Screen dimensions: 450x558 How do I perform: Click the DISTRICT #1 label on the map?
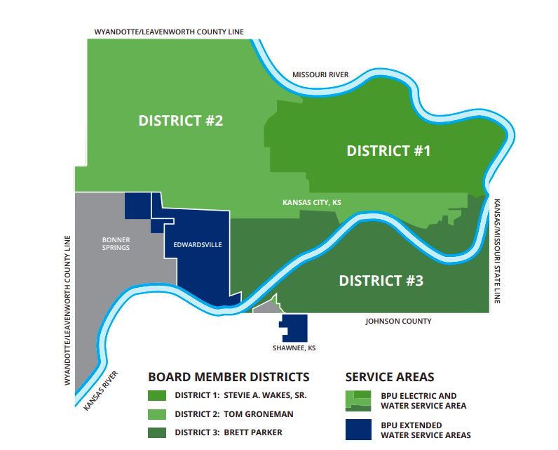388,150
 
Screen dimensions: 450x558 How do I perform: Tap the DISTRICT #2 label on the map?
180,120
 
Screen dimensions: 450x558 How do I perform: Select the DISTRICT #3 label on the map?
381,281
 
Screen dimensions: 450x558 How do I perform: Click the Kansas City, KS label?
311,202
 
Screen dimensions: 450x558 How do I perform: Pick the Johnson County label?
398,322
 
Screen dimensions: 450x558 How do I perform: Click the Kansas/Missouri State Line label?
498,250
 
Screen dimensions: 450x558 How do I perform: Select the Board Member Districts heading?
229,377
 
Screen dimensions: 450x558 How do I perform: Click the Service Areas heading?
390,377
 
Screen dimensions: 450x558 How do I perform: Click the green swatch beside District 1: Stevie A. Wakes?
157,395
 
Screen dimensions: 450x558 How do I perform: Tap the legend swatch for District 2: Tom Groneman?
157,413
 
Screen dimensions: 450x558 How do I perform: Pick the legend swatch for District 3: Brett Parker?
157,432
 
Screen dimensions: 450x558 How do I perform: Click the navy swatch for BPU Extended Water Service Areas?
359,430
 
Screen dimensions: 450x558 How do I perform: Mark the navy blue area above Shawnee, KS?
295,327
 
